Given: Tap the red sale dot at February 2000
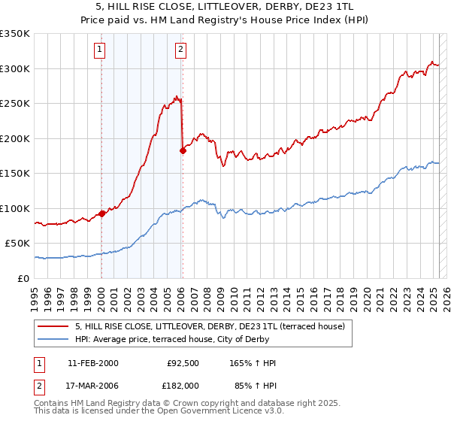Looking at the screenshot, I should pos(101,214).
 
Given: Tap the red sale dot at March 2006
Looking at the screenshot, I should pos(183,150).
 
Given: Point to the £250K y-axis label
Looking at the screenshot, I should pos(15,104).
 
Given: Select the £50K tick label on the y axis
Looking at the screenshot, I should pos(17,244).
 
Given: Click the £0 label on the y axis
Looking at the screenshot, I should pos(24,278).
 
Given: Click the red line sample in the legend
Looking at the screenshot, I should pos(53,326).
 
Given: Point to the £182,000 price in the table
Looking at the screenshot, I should pos(183,385).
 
